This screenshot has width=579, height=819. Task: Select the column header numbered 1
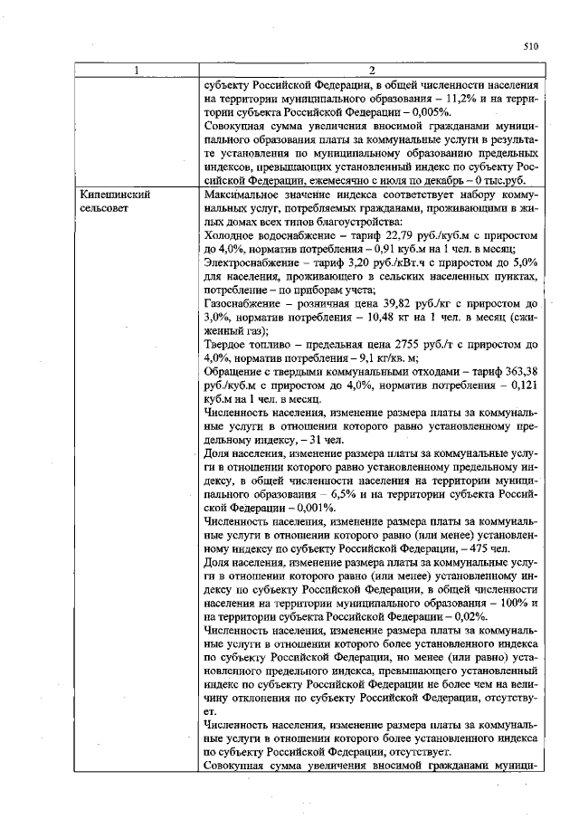(136, 71)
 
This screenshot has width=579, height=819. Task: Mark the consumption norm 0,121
(523, 386)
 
